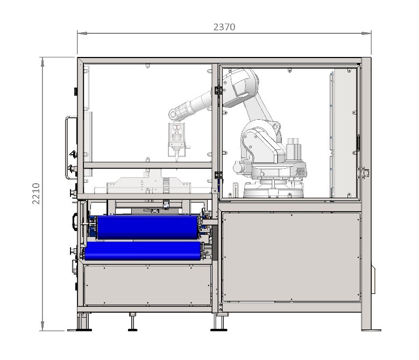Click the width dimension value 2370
pos(224,27)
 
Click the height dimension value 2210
pos(36,194)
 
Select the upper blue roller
pos(148,227)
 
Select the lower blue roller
pos(143,251)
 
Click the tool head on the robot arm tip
pos(176,140)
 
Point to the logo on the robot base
pos(300,171)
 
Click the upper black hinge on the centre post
pos(218,90)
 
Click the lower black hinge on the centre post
pos(218,175)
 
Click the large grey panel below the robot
pos(291,257)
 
